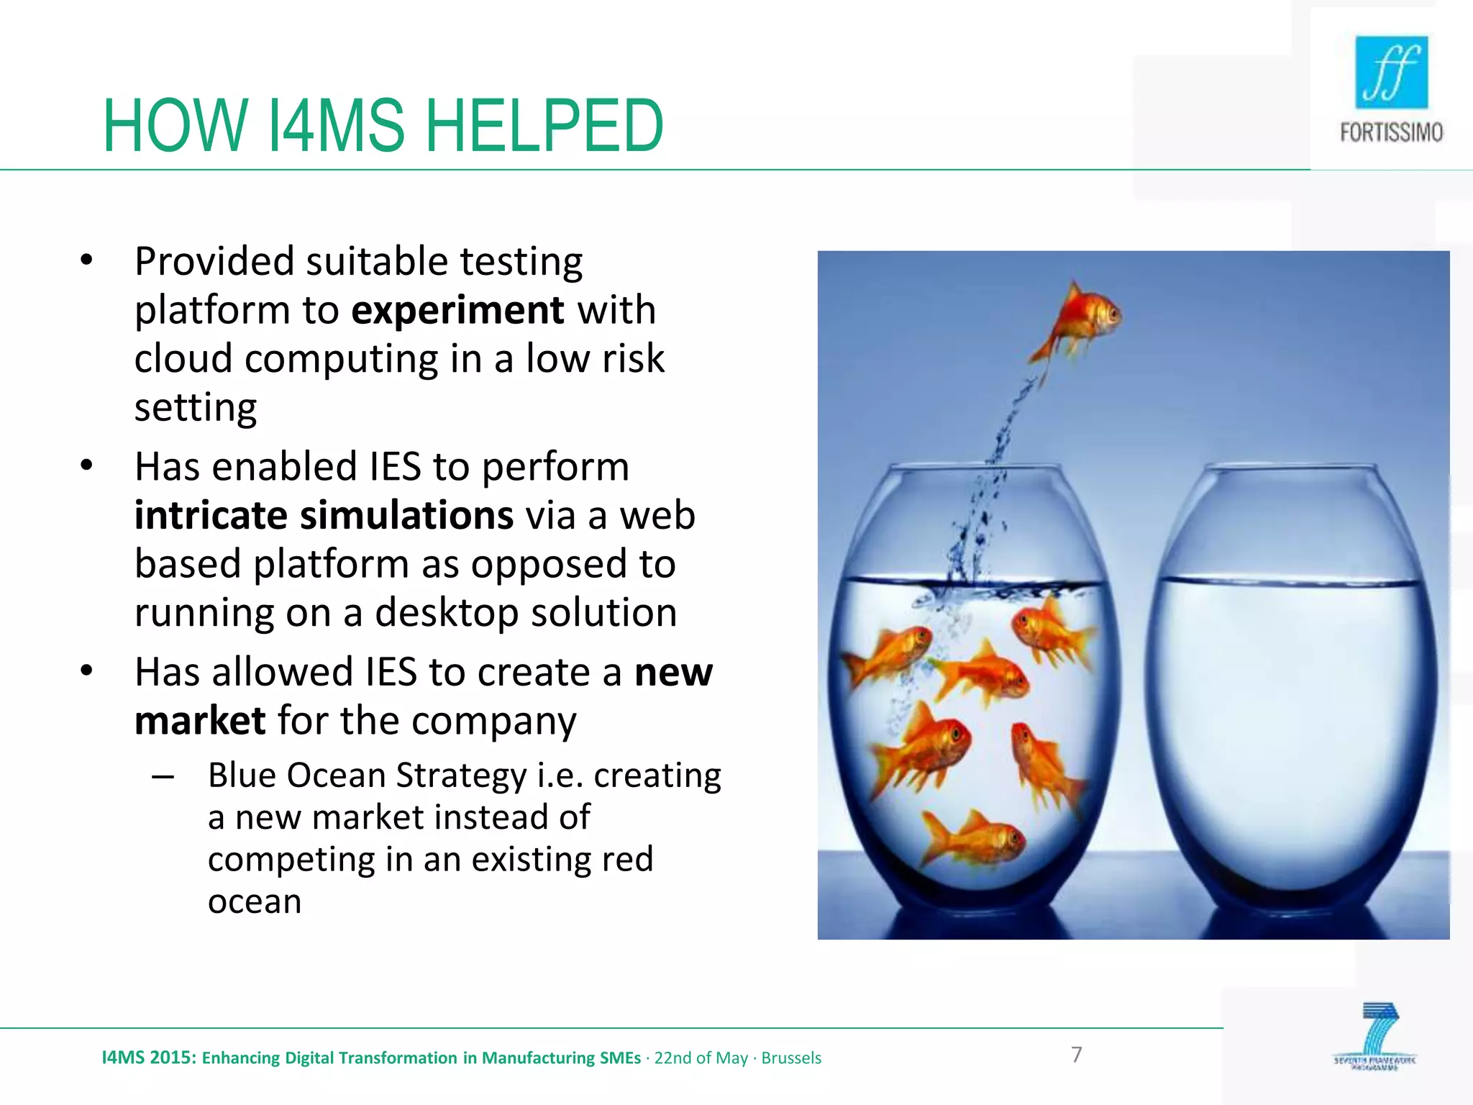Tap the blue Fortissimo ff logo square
coord(1391,73)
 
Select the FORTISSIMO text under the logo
coord(1391,132)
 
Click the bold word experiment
coord(457,311)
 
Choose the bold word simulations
coord(406,515)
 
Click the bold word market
coord(200,721)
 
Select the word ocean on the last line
coord(255,901)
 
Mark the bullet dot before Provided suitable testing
coord(87,260)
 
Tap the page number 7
coord(1076,1055)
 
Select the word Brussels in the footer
coord(791,1058)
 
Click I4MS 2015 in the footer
coord(148,1058)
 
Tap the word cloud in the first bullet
coord(183,359)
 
